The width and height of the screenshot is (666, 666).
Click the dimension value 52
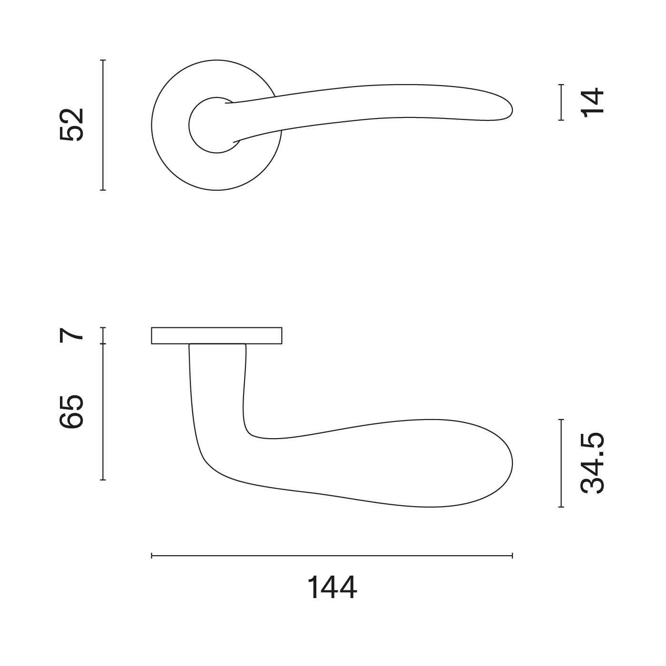click(x=72, y=125)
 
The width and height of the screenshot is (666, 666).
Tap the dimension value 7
click(x=72, y=335)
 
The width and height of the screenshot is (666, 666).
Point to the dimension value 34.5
click(x=592, y=463)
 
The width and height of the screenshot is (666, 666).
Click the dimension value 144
click(x=332, y=588)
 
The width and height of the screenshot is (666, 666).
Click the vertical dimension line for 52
click(x=103, y=125)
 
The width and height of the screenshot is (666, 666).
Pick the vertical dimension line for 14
click(x=561, y=102)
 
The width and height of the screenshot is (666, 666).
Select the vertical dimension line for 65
click(x=103, y=411)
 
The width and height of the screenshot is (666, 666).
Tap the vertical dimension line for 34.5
click(x=561, y=463)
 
